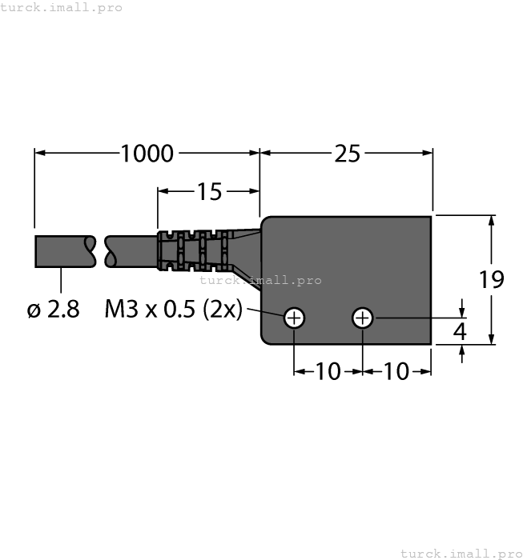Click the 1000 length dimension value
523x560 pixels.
pyautogui.click(x=147, y=153)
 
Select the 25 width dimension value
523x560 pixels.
pyautogui.click(x=347, y=153)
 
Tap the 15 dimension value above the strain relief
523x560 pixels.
pyautogui.click(x=209, y=191)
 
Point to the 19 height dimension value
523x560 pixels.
pyautogui.click(x=492, y=280)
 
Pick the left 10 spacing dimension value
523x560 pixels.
pyautogui.click(x=328, y=371)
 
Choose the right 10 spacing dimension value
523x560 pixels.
pyautogui.click(x=397, y=371)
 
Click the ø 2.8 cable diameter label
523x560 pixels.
pyautogui.click(x=54, y=310)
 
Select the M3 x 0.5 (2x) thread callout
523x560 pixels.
pyautogui.click(x=173, y=310)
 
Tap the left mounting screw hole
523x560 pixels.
pyautogui.click(x=295, y=318)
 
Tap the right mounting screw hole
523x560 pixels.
pyautogui.click(x=363, y=318)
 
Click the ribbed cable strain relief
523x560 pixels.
pyautogui.click(x=192, y=250)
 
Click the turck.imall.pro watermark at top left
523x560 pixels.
pyautogui.click(x=62, y=7)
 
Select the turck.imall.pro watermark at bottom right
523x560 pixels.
pyautogui.click(x=460, y=553)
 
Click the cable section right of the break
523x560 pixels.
pyautogui.click(x=132, y=251)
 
